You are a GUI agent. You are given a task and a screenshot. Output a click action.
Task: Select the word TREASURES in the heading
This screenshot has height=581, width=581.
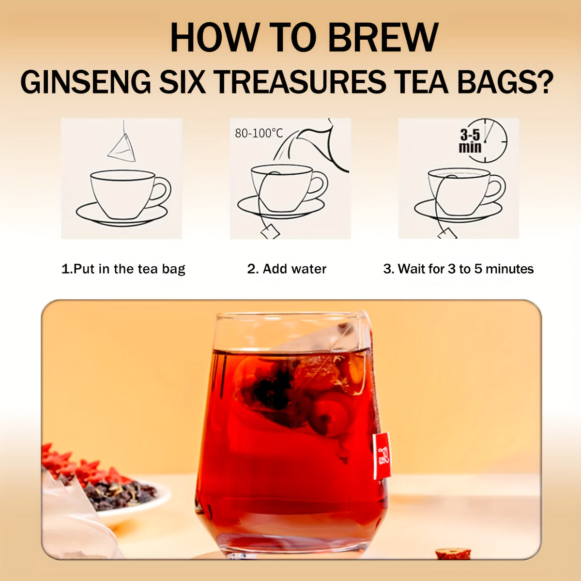[300, 82]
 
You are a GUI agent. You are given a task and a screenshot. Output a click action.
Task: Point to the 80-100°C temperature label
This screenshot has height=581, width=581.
[259, 133]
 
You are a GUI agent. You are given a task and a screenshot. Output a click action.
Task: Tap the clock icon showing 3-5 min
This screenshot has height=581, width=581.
[484, 141]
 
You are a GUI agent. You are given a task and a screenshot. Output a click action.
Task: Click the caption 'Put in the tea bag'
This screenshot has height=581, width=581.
[123, 269]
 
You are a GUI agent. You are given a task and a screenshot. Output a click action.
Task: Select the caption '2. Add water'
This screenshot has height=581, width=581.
[287, 269]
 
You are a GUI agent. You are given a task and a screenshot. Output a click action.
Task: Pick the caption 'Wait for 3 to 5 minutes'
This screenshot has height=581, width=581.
[459, 269]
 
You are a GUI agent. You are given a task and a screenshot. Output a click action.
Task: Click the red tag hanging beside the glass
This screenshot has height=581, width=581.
[382, 455]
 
